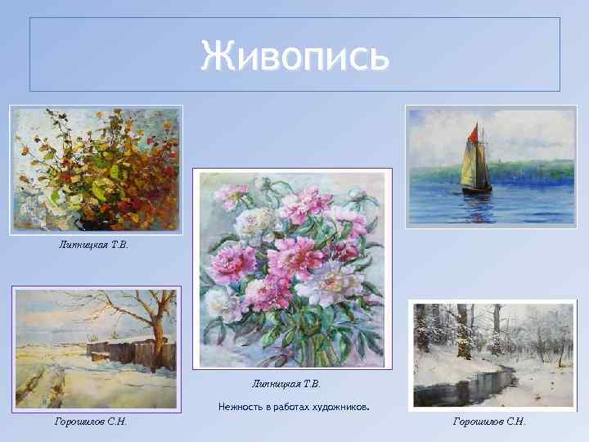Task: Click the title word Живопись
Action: (x=294, y=56)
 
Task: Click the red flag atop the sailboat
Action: (x=473, y=131)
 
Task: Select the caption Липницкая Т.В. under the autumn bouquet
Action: (x=94, y=243)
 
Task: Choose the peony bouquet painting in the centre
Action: (x=292, y=268)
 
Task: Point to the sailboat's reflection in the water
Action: (x=478, y=205)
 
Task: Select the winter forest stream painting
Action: (x=492, y=354)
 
